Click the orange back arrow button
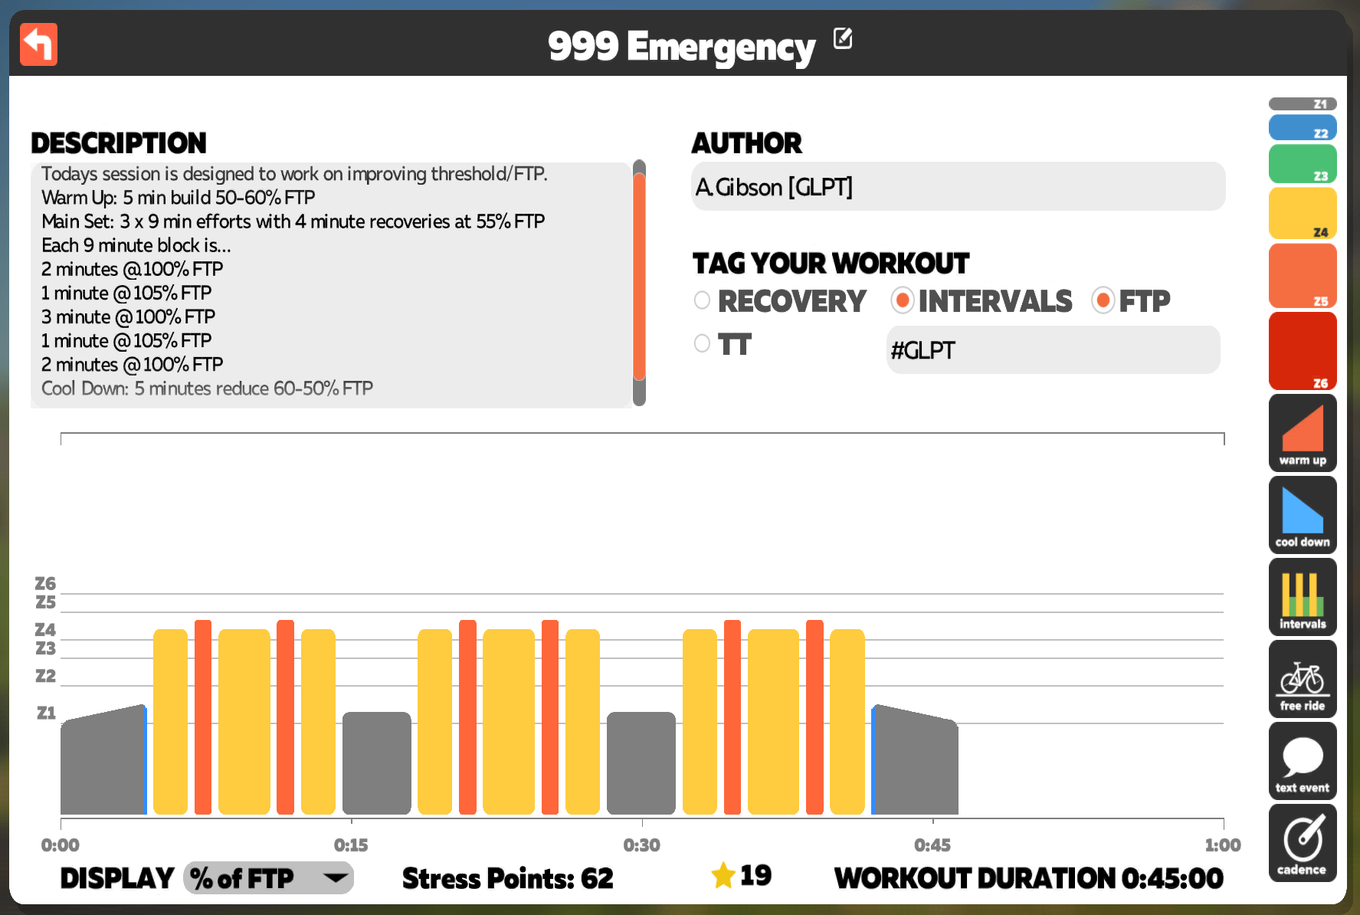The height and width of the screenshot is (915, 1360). [x=38, y=44]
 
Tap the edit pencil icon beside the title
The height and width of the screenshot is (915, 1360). [x=843, y=38]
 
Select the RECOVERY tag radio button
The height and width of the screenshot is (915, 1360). [x=702, y=300]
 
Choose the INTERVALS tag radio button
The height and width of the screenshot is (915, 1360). [x=903, y=300]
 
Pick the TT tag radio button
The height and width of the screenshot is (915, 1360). [x=702, y=343]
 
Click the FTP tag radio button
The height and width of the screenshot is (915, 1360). [x=1103, y=300]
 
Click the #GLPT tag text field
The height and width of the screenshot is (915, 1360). [x=1053, y=350]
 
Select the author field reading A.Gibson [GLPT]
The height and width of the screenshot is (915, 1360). [x=958, y=186]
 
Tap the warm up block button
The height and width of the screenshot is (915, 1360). [x=1303, y=433]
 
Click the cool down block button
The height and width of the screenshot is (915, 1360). [x=1303, y=515]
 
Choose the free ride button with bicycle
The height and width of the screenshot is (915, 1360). [x=1303, y=679]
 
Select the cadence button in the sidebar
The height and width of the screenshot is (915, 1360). [x=1303, y=843]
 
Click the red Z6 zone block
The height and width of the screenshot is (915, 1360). [x=1303, y=351]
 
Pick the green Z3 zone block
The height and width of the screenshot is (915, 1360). [x=1303, y=164]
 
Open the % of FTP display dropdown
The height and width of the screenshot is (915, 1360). [x=268, y=878]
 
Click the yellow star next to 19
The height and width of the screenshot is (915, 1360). [x=723, y=875]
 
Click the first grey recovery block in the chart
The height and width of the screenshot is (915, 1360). [x=376, y=763]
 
